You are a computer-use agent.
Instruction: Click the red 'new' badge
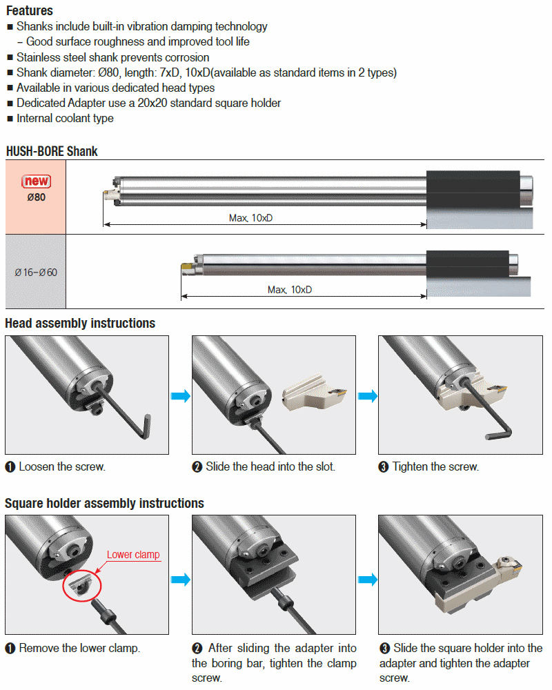(x=36, y=181)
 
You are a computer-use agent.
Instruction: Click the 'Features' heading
(x=30, y=11)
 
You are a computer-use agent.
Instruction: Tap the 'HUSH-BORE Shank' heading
(x=52, y=151)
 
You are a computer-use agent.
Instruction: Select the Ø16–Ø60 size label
(x=36, y=273)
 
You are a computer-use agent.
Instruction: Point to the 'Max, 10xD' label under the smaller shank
(x=290, y=290)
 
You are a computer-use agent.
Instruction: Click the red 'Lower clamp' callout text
(x=133, y=555)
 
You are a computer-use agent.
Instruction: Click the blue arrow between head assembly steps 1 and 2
(x=180, y=395)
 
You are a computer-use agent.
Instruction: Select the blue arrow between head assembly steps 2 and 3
(x=367, y=395)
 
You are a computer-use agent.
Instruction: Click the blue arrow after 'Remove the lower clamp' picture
(x=180, y=579)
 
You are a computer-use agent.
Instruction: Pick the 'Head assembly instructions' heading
(x=80, y=323)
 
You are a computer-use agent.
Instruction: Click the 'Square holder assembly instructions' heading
(x=104, y=503)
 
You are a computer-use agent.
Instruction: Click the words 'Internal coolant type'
(x=65, y=118)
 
